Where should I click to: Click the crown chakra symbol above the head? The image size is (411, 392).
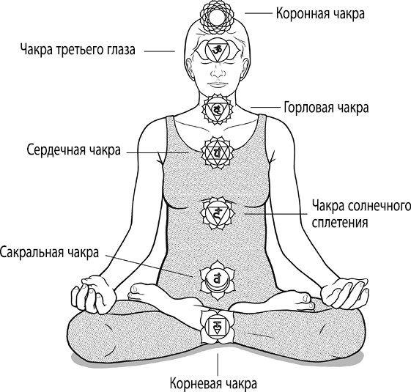(x=216, y=18)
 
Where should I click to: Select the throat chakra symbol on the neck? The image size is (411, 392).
(x=218, y=109)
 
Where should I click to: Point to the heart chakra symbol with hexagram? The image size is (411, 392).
(x=218, y=152)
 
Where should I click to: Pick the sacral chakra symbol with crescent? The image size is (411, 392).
(x=217, y=281)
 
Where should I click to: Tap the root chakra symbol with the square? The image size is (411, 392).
(x=217, y=327)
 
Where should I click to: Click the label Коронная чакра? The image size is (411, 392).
(x=320, y=14)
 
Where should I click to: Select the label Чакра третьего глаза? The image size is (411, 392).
(x=78, y=50)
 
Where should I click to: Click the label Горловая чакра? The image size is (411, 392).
(x=327, y=108)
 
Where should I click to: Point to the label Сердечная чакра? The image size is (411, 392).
(x=74, y=150)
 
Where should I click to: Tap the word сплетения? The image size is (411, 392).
(x=340, y=223)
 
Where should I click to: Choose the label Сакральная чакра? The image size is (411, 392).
(x=49, y=253)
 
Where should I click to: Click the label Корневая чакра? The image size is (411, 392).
(x=214, y=383)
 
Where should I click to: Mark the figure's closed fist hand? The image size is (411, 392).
(x=94, y=294)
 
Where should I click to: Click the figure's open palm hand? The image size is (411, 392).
(x=344, y=293)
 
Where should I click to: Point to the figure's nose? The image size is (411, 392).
(x=218, y=71)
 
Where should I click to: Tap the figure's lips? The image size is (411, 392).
(x=218, y=85)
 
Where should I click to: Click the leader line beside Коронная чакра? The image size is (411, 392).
(x=259, y=13)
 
